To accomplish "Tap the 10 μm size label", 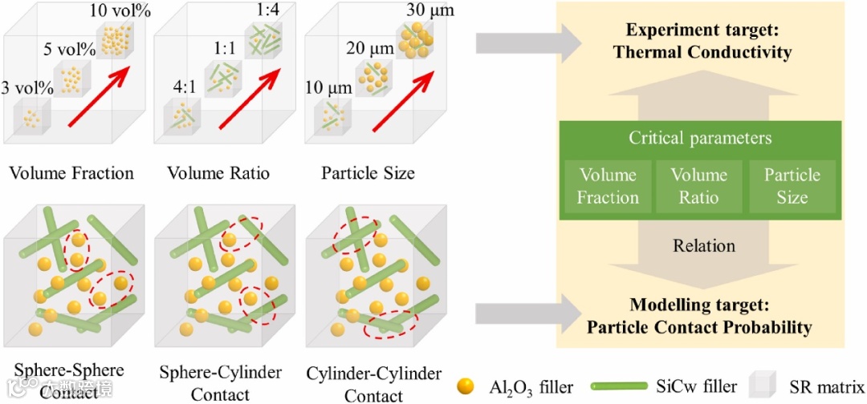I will coord(329,87).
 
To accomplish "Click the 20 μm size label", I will coord(370,49).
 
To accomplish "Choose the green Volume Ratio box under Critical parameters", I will coord(698,186).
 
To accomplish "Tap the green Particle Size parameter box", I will coord(792,186).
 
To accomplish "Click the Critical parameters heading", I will coord(699,138).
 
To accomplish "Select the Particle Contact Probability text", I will coord(699,327).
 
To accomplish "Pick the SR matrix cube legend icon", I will coord(763,385).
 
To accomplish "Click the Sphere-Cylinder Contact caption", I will coord(220,383).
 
